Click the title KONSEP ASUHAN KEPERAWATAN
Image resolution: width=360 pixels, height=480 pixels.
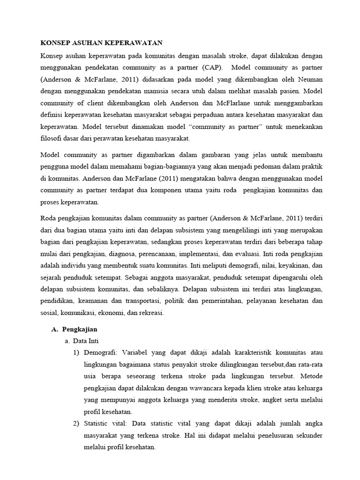tap(101, 43)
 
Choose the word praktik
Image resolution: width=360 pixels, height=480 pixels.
tap(309, 166)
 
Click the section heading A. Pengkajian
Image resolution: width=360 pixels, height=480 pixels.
tap(74, 330)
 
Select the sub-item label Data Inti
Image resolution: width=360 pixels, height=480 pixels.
tap(86, 341)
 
